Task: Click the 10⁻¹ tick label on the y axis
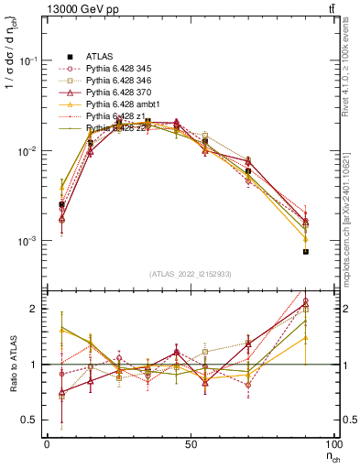coord(29,61)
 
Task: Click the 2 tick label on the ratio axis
coord(35,310)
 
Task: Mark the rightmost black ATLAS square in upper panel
coord(306,251)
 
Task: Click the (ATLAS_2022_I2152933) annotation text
coord(190,275)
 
